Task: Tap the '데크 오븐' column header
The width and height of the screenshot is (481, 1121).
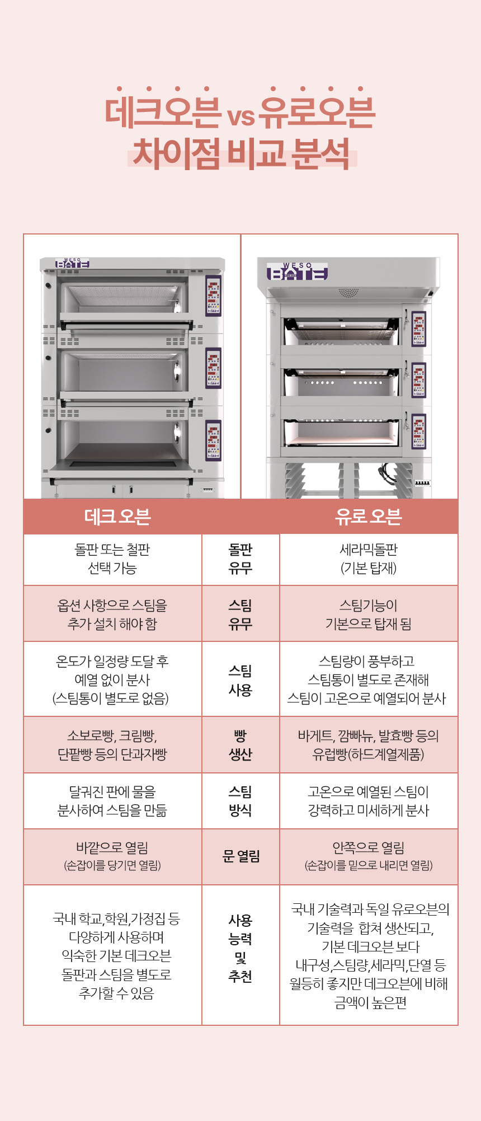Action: (117, 517)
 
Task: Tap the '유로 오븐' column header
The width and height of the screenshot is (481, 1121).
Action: (368, 517)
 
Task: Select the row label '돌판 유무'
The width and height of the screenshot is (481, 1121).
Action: (240, 559)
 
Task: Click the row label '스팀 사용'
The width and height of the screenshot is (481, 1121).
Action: (240, 680)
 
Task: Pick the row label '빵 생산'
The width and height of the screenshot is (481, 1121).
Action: (240, 745)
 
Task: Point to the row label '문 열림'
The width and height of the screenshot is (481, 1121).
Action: (240, 856)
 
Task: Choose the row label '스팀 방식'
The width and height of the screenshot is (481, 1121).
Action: (240, 801)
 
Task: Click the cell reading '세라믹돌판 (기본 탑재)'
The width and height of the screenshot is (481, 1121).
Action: (369, 559)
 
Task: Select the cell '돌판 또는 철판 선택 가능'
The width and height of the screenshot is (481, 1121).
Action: (112, 559)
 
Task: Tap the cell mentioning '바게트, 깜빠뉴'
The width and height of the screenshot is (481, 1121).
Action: (369, 745)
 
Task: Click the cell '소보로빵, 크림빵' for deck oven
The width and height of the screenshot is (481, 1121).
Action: (112, 745)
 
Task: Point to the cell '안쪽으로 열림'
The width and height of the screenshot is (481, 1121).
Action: (369, 856)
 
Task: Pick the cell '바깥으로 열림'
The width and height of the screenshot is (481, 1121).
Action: (112, 856)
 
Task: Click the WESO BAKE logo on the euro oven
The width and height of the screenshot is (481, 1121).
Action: (297, 271)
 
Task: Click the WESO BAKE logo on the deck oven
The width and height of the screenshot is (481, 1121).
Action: (72, 263)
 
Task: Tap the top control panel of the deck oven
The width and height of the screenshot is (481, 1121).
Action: (213, 296)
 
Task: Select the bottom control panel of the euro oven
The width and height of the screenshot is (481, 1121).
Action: (418, 431)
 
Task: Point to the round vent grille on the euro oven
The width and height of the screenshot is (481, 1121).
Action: (348, 293)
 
